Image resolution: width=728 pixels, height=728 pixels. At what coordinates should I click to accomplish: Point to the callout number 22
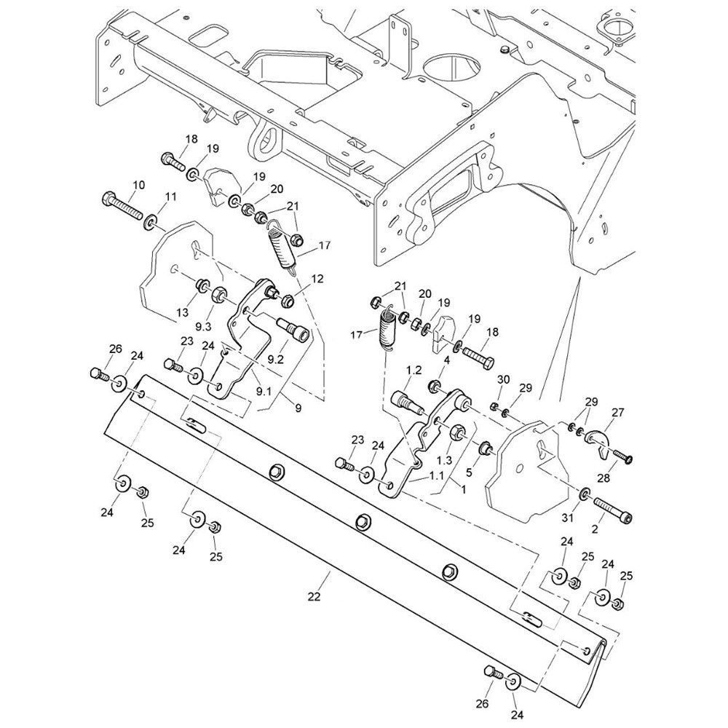pos(314,597)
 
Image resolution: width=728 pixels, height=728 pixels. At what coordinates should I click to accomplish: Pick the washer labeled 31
pos(585,496)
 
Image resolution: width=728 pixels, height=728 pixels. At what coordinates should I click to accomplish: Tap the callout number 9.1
pos(263,390)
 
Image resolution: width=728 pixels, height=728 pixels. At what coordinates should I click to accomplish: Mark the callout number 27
pos(618,412)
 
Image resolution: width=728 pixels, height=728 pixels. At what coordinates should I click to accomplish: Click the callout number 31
pos(569,518)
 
